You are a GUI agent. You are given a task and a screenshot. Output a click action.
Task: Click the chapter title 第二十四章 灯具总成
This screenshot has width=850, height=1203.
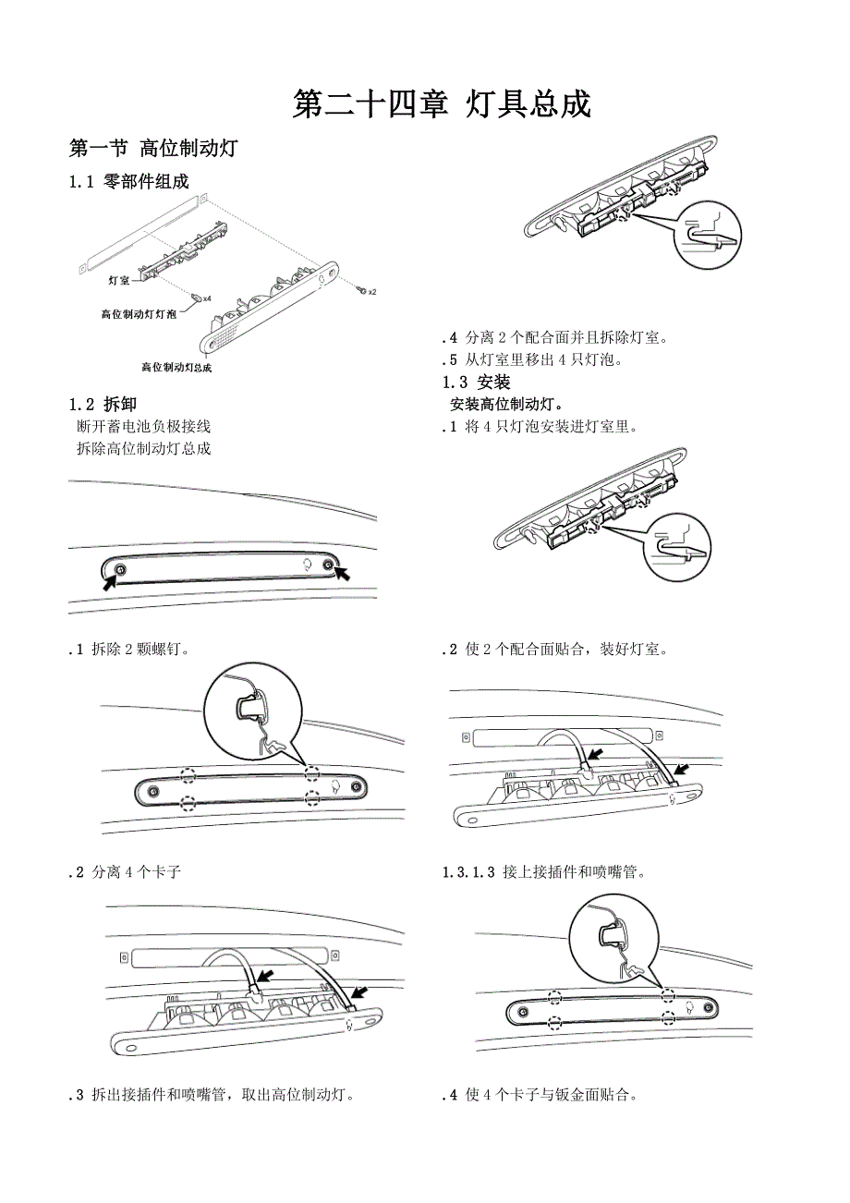coord(442,105)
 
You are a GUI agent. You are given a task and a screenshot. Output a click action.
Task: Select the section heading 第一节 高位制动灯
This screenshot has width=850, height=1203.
coord(154,148)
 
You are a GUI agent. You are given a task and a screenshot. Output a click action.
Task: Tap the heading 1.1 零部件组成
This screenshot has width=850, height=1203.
coord(128,181)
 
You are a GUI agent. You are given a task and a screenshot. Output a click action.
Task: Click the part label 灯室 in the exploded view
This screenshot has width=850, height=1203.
coord(119,279)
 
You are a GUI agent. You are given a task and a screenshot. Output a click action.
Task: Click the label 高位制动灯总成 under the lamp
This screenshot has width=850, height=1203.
coord(176,367)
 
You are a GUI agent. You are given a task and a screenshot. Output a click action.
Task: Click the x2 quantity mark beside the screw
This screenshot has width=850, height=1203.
coord(371,292)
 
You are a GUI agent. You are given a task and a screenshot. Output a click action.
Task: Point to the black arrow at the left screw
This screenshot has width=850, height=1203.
coord(110,582)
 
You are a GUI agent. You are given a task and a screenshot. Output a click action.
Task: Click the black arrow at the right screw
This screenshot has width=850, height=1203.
coord(344,575)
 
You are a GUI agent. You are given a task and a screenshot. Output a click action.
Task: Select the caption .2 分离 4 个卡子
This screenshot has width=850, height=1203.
coord(125,871)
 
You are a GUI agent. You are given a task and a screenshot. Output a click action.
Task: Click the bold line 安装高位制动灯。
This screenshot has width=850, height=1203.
coord(507,405)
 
